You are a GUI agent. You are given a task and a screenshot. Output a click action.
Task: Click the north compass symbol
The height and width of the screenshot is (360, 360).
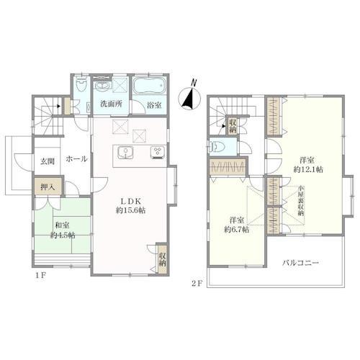pyautogui.click(x=189, y=96)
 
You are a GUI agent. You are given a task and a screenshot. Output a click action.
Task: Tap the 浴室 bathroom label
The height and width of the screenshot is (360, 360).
pyautogui.click(x=154, y=104)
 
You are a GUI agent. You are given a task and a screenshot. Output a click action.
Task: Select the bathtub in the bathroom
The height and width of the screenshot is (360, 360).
pyautogui.click(x=149, y=86)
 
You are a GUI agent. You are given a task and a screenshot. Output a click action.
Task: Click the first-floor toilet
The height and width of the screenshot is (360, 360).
pyautogui.click(x=81, y=85)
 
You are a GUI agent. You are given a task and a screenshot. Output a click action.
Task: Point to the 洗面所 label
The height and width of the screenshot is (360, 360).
pyautogui.click(x=111, y=104)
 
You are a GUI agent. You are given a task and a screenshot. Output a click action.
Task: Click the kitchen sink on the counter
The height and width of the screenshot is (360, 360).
pyautogui.click(x=125, y=153)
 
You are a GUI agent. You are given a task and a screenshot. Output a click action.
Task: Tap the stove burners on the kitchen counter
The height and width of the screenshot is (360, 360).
pyautogui.click(x=158, y=152)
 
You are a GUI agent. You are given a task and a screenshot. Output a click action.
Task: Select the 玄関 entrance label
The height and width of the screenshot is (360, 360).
pyautogui.click(x=48, y=161)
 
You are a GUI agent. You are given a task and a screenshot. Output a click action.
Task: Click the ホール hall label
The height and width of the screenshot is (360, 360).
pyautogui.click(x=76, y=159)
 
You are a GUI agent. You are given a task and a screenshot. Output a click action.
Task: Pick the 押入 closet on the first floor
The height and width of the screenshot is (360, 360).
pyautogui.click(x=48, y=186)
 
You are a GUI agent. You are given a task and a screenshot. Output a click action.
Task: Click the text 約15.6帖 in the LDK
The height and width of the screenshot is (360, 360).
pyautogui.click(x=130, y=210)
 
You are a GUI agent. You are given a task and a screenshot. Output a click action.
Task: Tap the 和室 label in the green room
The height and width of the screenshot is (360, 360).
pyautogui.click(x=63, y=225)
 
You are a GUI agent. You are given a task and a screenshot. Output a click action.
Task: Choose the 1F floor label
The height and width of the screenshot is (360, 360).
pyautogui.click(x=41, y=276)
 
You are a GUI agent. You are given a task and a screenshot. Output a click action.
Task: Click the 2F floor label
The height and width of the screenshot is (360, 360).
pyautogui.click(x=197, y=284)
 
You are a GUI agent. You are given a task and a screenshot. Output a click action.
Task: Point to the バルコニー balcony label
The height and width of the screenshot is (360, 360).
pyautogui.click(x=300, y=263)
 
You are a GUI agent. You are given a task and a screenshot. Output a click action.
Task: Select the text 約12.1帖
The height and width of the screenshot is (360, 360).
pyautogui.click(x=308, y=169)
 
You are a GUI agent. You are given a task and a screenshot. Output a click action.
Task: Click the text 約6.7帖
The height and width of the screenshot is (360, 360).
pyautogui.click(x=237, y=230)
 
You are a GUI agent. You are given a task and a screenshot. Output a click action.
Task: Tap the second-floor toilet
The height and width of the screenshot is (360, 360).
pyautogui.click(x=217, y=146)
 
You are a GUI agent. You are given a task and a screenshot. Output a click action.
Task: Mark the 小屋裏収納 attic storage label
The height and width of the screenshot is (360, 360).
pyautogui.click(x=301, y=201)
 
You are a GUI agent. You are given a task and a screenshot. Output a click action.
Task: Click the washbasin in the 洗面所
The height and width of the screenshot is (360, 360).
pyautogui.click(x=103, y=86)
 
